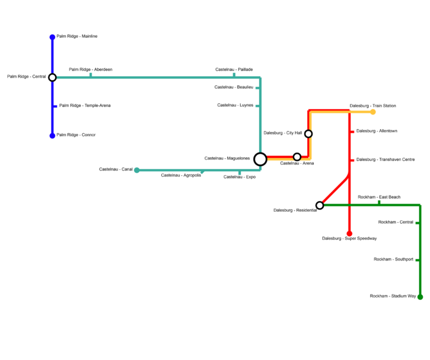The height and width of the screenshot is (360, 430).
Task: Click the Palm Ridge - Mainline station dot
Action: [52, 37]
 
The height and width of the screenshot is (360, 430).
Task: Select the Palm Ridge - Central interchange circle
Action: [52, 77]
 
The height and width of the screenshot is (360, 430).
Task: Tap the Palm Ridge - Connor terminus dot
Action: [52, 136]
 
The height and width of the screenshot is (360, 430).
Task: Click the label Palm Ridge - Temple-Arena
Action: [85, 106]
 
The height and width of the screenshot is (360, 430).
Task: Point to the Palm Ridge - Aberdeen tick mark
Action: [91, 75]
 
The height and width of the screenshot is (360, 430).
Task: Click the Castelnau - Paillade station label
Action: [234, 70]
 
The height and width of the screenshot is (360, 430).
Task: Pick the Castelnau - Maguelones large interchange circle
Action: [260, 159]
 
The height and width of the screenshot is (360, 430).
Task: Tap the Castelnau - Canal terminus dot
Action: [137, 170]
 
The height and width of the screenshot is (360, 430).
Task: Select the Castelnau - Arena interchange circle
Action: [297, 157]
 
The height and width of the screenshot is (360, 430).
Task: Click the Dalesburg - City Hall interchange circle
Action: [308, 133]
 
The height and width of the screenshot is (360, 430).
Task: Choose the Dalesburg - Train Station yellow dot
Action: [373, 112]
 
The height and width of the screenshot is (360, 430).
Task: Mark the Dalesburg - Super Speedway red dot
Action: [349, 233]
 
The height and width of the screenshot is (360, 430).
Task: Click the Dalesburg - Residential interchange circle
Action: [320, 205]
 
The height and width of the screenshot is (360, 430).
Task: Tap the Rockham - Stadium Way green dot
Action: [420, 297]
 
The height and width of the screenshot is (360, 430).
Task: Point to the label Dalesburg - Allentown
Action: [377, 131]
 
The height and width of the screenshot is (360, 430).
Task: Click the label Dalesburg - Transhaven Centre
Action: [385, 160]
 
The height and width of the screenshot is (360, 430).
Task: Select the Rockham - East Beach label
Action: [379, 197]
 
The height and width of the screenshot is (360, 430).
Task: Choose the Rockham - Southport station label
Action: [393, 259]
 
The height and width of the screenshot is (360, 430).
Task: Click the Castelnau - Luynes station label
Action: [235, 105]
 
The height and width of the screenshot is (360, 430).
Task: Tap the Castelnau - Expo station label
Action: [239, 177]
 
